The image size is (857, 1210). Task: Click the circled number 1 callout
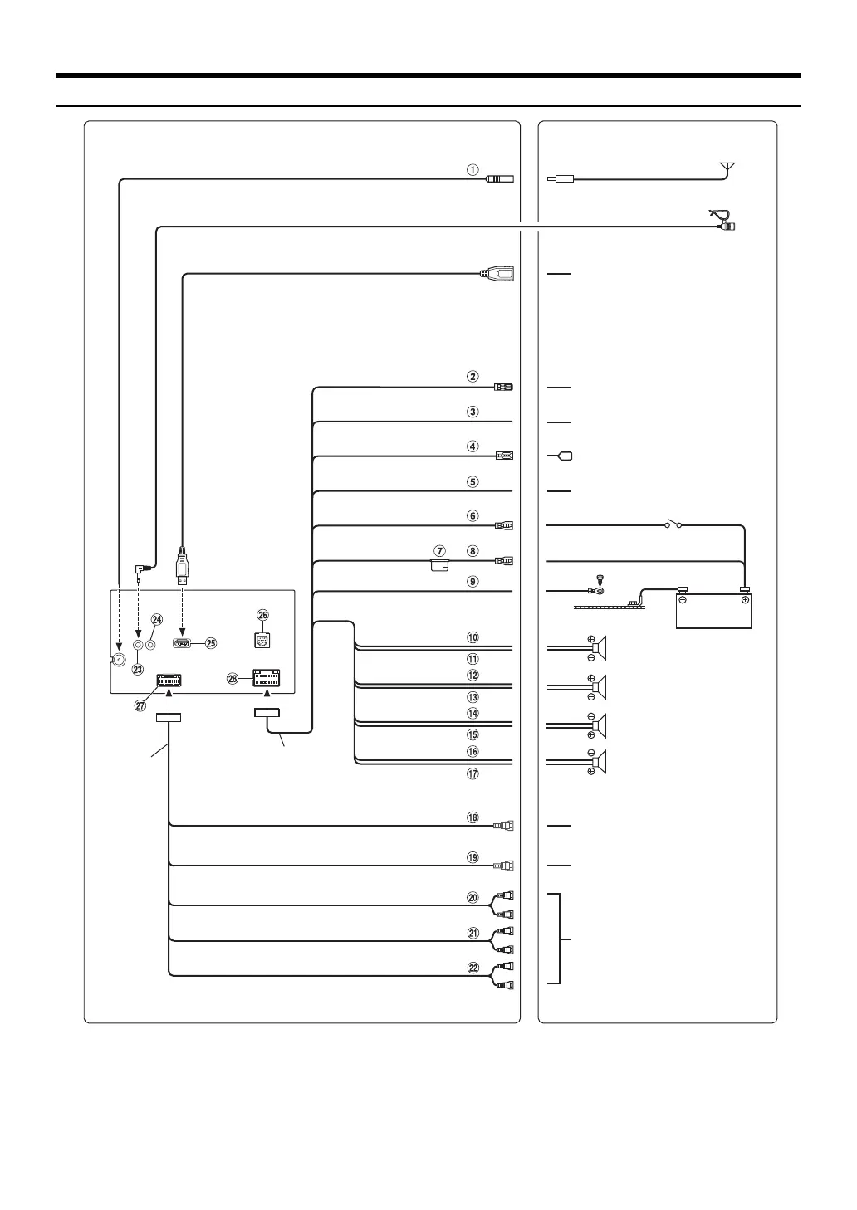(472, 169)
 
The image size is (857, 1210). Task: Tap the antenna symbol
(727, 168)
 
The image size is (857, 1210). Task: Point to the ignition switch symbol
(673, 524)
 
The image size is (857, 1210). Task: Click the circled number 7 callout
(440, 551)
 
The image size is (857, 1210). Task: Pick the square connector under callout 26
(262, 641)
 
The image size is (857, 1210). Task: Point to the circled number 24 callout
(157, 620)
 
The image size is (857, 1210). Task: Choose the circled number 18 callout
(473, 817)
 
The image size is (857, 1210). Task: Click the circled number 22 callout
(473, 968)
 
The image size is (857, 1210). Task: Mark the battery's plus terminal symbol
(744, 599)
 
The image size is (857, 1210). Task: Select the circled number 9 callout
(473, 582)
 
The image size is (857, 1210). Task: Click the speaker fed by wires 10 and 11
(600, 647)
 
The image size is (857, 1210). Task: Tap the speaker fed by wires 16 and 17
(600, 762)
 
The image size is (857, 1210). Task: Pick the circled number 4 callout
(473, 446)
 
